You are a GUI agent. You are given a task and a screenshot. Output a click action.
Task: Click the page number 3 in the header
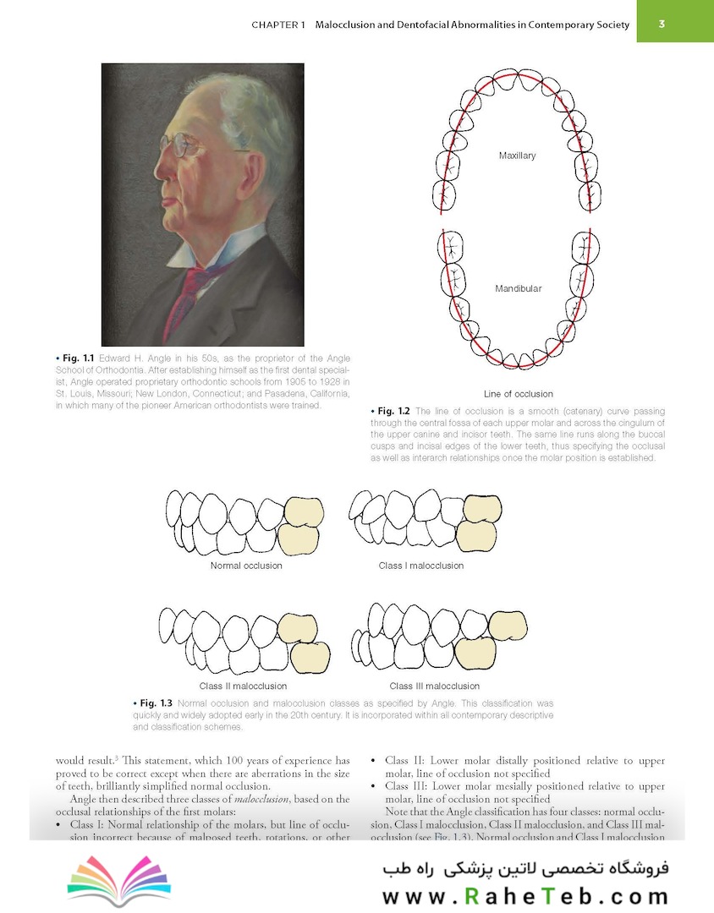pos(662,25)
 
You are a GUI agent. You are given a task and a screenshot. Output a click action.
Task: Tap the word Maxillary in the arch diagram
pos(517,156)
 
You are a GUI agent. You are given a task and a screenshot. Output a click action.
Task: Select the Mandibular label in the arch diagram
pos(518,288)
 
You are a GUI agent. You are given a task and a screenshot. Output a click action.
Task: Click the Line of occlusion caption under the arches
pos(518,394)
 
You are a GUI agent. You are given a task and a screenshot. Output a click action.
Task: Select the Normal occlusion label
pos(245,566)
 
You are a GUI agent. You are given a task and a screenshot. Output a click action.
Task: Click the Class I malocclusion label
pos(420,566)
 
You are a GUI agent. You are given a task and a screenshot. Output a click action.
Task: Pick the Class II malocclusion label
pos(243,686)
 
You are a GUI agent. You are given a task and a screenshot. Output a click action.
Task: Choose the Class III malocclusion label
pos(434,686)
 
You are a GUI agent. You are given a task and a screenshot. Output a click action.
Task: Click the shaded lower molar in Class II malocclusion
pos(310,659)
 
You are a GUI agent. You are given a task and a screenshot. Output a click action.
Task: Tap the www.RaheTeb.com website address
pos(525,896)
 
